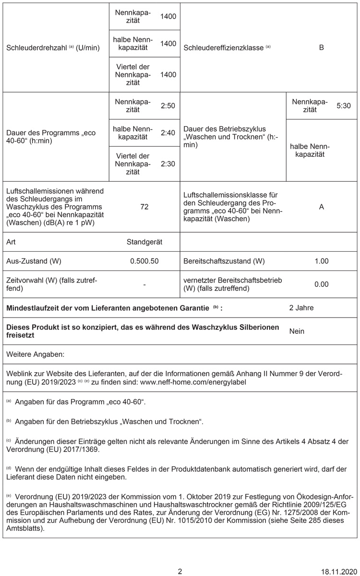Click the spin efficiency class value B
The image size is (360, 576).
321,47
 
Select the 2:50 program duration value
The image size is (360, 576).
168,105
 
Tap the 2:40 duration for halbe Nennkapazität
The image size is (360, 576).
168,132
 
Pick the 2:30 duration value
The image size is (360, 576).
168,164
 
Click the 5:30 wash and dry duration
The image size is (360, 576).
344,105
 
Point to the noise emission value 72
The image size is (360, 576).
144,207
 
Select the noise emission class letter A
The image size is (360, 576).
321,207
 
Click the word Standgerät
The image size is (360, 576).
144,242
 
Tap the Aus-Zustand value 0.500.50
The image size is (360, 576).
144,261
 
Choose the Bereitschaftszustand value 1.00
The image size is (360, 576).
321,261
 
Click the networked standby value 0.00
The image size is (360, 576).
321,284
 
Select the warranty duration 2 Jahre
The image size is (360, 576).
301,307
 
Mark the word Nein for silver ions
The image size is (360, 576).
297,331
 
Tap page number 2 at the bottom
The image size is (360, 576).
180,571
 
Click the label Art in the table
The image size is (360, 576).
11,242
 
